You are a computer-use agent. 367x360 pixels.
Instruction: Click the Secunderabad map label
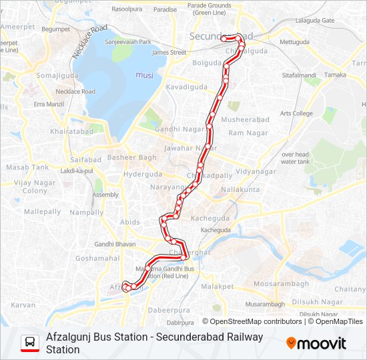click(220, 35)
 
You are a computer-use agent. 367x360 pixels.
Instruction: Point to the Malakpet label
click(218, 286)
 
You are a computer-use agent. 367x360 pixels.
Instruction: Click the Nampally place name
click(87, 211)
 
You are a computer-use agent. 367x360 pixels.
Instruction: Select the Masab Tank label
click(27, 167)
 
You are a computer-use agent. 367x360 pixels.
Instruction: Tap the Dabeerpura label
click(169, 310)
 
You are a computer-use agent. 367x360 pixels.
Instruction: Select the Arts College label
click(296, 113)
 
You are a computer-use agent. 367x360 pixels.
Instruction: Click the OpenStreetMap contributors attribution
click(256, 321)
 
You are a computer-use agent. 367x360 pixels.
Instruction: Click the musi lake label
click(144, 75)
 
